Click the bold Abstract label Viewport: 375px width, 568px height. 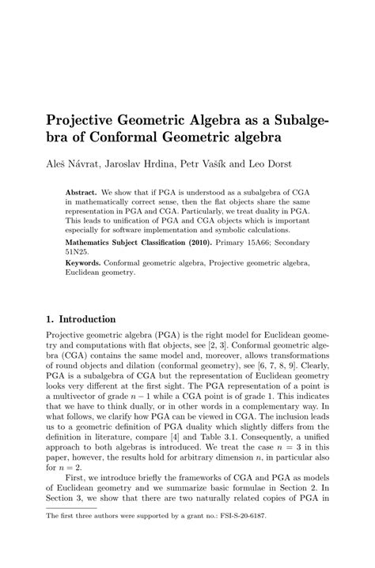tap(82, 192)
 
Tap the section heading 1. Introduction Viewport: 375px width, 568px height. tap(81, 320)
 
